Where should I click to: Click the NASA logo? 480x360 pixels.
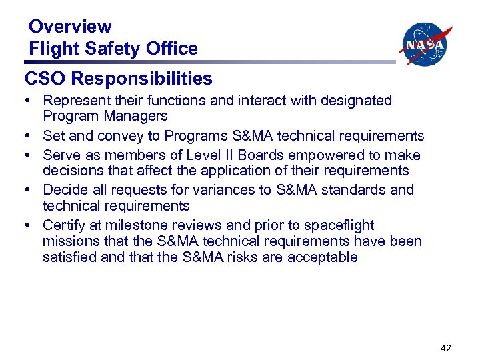pos(425,44)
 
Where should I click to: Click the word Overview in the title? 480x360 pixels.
pos(70,27)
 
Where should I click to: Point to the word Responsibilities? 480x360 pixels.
pos(142,79)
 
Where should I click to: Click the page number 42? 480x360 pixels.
pos(447,347)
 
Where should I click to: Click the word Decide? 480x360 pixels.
pos(63,190)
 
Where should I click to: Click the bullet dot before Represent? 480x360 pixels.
pos(29,101)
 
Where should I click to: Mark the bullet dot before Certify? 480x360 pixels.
pos(29,225)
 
